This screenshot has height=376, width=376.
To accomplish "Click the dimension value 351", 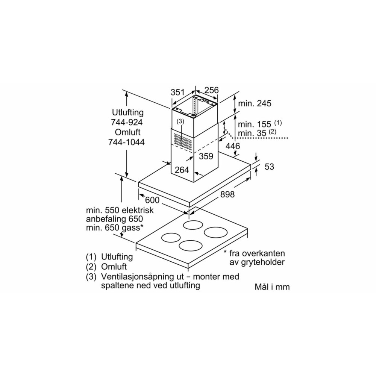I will (x=177, y=92).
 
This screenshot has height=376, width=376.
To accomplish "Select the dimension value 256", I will (x=211, y=91).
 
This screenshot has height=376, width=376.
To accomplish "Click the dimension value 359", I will (x=206, y=156).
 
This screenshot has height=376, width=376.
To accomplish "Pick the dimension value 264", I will (x=182, y=170).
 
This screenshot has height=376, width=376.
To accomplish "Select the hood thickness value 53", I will (x=269, y=167).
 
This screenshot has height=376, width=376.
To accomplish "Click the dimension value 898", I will (x=227, y=194).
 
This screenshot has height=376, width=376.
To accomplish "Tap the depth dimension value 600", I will (x=152, y=200).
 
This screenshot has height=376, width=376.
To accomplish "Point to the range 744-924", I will (x=127, y=122).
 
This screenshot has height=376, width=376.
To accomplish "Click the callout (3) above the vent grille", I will (x=180, y=121).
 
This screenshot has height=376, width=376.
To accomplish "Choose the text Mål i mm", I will (x=272, y=287).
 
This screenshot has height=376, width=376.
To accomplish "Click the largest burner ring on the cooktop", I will (x=215, y=232).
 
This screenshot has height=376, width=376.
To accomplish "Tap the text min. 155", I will (x=255, y=124).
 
